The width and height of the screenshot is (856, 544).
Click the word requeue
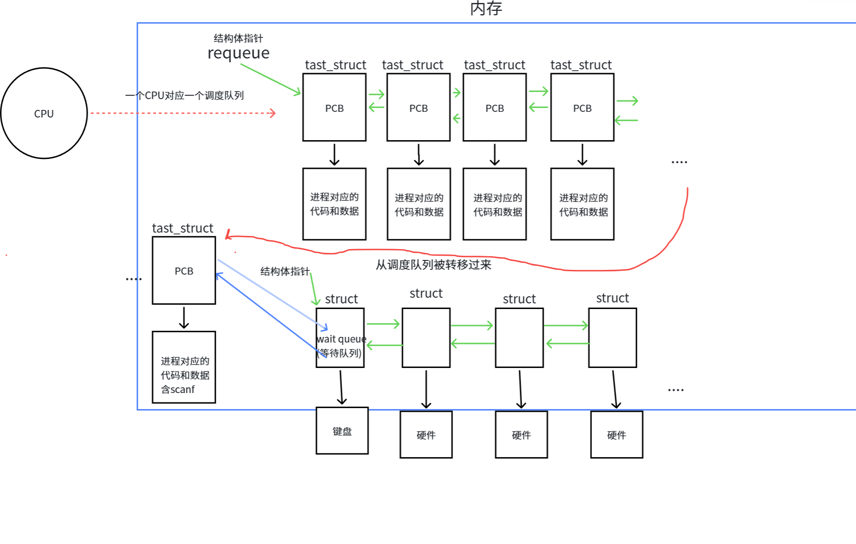pos(239,53)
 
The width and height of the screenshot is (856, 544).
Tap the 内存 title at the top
pos(486,8)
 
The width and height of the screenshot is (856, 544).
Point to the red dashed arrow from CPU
pos(183,113)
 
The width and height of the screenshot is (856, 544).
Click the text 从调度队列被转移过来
pos(433,265)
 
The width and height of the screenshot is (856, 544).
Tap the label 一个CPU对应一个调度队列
pos(184,95)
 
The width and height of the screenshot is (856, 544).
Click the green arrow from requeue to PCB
pos(270,79)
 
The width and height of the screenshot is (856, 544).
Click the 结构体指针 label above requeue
pos(238,38)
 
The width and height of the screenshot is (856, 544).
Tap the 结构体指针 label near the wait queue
pos(285,271)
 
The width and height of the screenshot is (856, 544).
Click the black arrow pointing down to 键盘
pos(341,387)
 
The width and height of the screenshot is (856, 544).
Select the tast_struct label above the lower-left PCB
pos(182,228)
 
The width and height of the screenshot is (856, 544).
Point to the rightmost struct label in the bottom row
pos(612,298)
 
